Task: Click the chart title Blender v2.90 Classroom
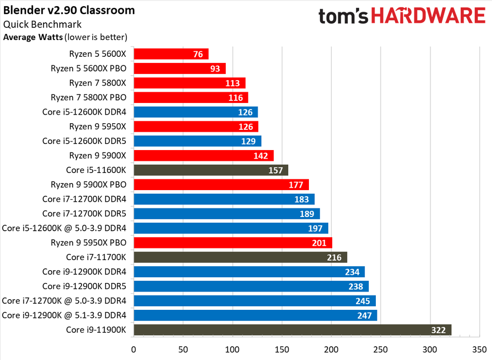pyautogui.click(x=69, y=10)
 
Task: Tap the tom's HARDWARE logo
pyautogui.click(x=402, y=16)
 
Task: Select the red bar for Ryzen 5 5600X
pyautogui.click(x=171, y=54)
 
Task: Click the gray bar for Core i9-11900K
pyautogui.click(x=292, y=330)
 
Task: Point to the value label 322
pyautogui.click(x=438, y=330)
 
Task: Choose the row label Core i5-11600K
pyautogui.click(x=96, y=170)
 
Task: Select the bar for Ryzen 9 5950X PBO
pyautogui.click(x=232, y=243)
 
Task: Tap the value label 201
pyautogui.click(x=319, y=243)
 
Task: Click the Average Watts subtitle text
pyautogui.click(x=65, y=37)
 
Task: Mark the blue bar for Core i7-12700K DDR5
pyautogui.click(x=226, y=213)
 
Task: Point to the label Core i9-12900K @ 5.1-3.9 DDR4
pyautogui.click(x=64, y=315)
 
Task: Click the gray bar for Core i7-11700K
pyautogui.click(x=240, y=258)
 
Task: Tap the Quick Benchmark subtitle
pyautogui.click(x=42, y=24)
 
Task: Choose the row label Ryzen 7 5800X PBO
pyautogui.click(x=88, y=97)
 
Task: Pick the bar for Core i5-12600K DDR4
pyautogui.click(x=195, y=112)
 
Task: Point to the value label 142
pyautogui.click(x=261, y=156)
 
